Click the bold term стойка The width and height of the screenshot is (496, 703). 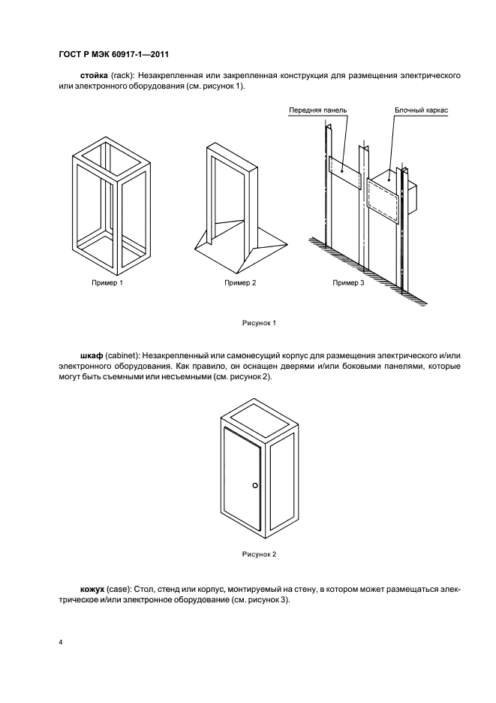coord(94,77)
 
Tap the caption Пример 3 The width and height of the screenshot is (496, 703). coord(348,282)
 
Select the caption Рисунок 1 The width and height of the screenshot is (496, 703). coord(259,323)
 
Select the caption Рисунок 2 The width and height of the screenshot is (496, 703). coord(259,554)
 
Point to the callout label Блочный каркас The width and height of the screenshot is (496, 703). coord(422,110)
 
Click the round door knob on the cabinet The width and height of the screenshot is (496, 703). coord(255,486)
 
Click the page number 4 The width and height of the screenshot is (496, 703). coord(60,643)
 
